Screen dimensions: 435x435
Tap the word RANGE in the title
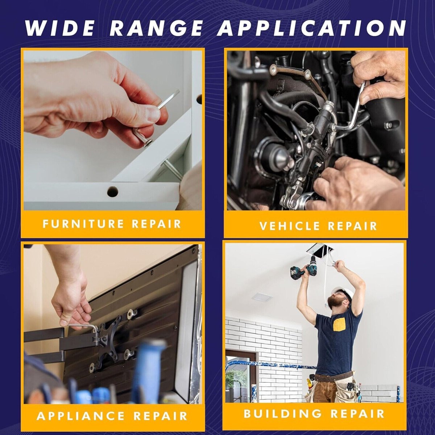tap(156, 28)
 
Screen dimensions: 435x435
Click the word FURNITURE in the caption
tap(83, 224)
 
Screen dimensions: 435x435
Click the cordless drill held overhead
tap(302, 269)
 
